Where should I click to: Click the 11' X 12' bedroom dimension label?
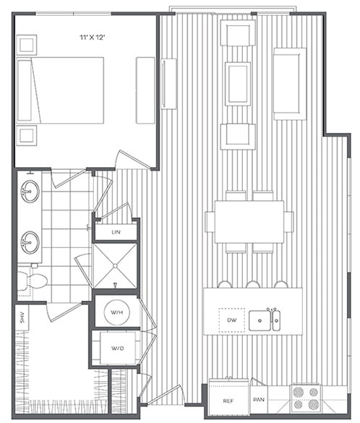tap(99, 34)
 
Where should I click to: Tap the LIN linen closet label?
tap(116, 232)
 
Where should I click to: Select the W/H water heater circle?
tap(116, 312)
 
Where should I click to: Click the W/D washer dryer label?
tap(116, 347)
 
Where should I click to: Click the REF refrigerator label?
tap(227, 400)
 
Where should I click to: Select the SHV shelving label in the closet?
tap(22, 319)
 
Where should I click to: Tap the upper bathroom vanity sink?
tap(30, 192)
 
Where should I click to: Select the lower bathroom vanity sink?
tap(30, 242)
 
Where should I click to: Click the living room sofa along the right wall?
tap(290, 83)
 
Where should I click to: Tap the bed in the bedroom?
tap(61, 90)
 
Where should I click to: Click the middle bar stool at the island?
tap(252, 283)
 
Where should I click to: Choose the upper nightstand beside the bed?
tap(27, 45)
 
